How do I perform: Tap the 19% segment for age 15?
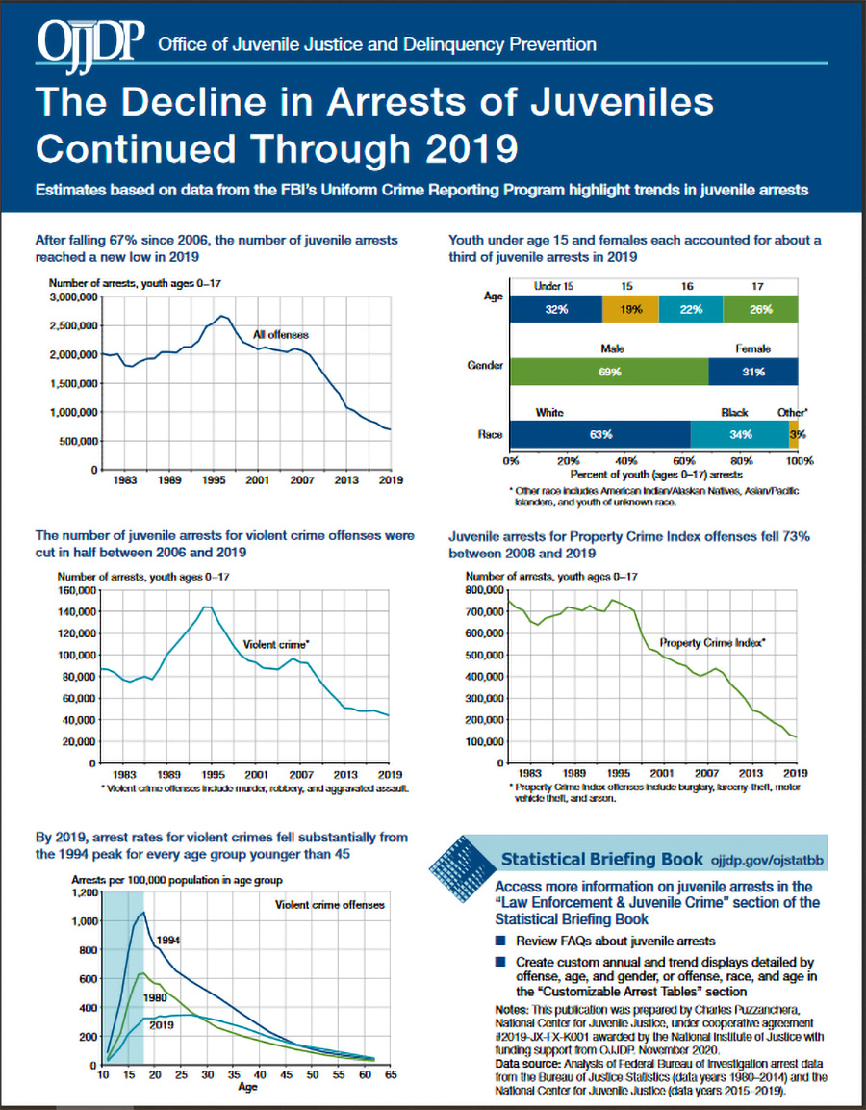point(630,309)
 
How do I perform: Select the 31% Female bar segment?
point(752,372)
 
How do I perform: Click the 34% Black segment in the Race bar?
point(740,434)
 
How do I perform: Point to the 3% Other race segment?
point(794,434)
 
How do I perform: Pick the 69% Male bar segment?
point(609,372)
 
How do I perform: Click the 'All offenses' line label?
point(281,335)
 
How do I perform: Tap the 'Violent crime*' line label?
point(277,645)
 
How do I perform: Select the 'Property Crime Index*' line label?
point(713,643)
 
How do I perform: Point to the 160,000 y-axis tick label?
point(75,590)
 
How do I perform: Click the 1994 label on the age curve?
point(167,941)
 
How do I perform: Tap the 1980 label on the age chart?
point(155,997)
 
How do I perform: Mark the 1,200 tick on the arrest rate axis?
point(85,892)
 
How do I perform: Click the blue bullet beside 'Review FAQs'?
point(501,941)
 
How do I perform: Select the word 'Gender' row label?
point(485,365)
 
